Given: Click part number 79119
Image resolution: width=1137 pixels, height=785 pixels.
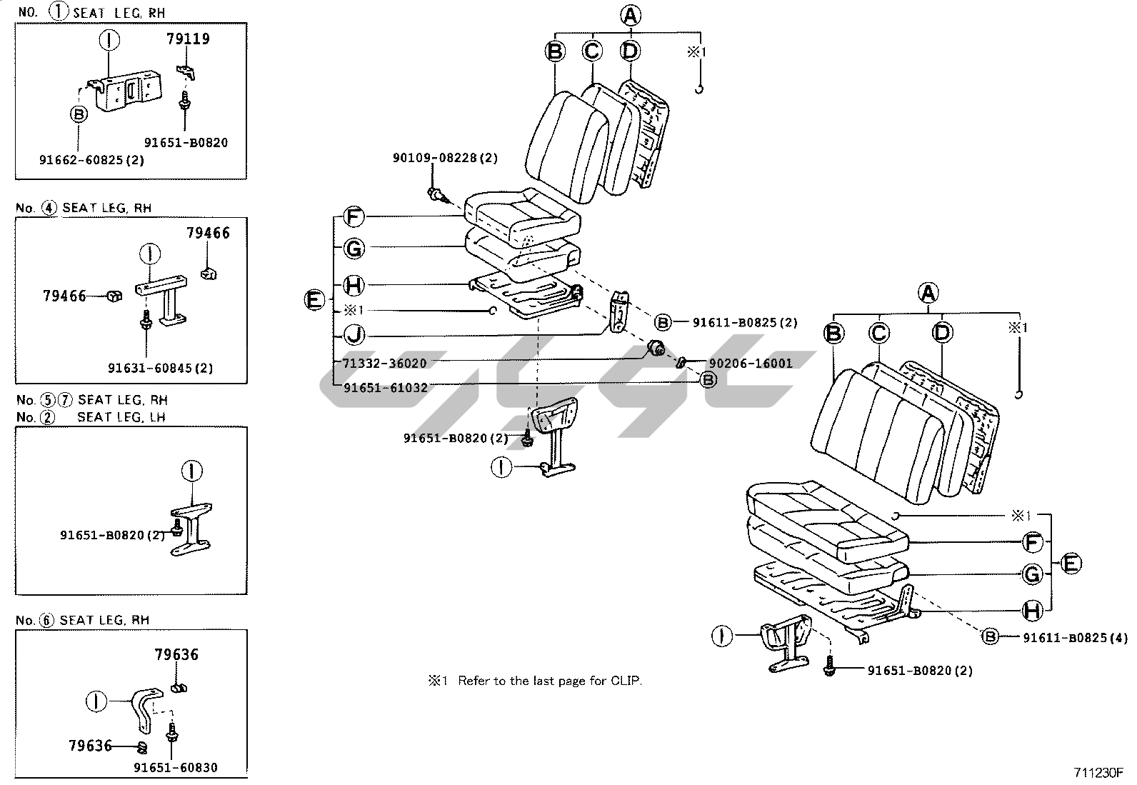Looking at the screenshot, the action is coord(188,39).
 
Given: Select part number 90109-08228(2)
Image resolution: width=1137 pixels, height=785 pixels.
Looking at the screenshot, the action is coord(445,158).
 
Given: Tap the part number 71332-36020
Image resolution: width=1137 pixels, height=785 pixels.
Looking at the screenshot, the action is coord(384,363).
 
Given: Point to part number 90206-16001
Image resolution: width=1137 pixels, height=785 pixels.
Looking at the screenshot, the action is coord(750,363).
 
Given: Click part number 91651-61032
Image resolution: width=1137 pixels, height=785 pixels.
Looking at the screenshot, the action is coord(385,388).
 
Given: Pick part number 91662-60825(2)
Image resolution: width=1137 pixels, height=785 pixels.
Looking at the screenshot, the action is coord(92,161).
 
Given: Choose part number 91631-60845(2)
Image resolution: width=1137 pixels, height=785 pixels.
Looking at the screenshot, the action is coord(161,368).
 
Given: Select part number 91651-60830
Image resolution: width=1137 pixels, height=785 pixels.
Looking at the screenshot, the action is coord(176,768).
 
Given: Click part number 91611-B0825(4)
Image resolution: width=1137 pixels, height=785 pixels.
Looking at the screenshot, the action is coord(1075,638).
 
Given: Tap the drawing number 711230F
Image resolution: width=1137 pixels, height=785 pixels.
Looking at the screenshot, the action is coord(1098,773).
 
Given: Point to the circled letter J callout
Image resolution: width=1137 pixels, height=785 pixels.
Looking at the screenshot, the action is coord(354,335).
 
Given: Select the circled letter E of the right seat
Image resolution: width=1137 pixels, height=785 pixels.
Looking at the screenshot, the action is coord(1071,564).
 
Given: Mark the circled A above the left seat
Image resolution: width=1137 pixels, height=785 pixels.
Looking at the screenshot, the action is coord(631,16).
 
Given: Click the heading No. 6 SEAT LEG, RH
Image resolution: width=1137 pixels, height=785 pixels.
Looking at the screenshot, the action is coord(83,621).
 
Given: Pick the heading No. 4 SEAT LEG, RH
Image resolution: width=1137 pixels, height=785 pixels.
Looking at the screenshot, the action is coord(84,208).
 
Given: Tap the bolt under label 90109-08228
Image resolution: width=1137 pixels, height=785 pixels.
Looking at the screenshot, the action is coord(438,195).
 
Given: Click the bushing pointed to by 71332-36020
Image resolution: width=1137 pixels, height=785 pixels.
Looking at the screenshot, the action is coord(656,349).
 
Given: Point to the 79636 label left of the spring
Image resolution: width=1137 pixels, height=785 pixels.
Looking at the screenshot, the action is coord(91,746).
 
